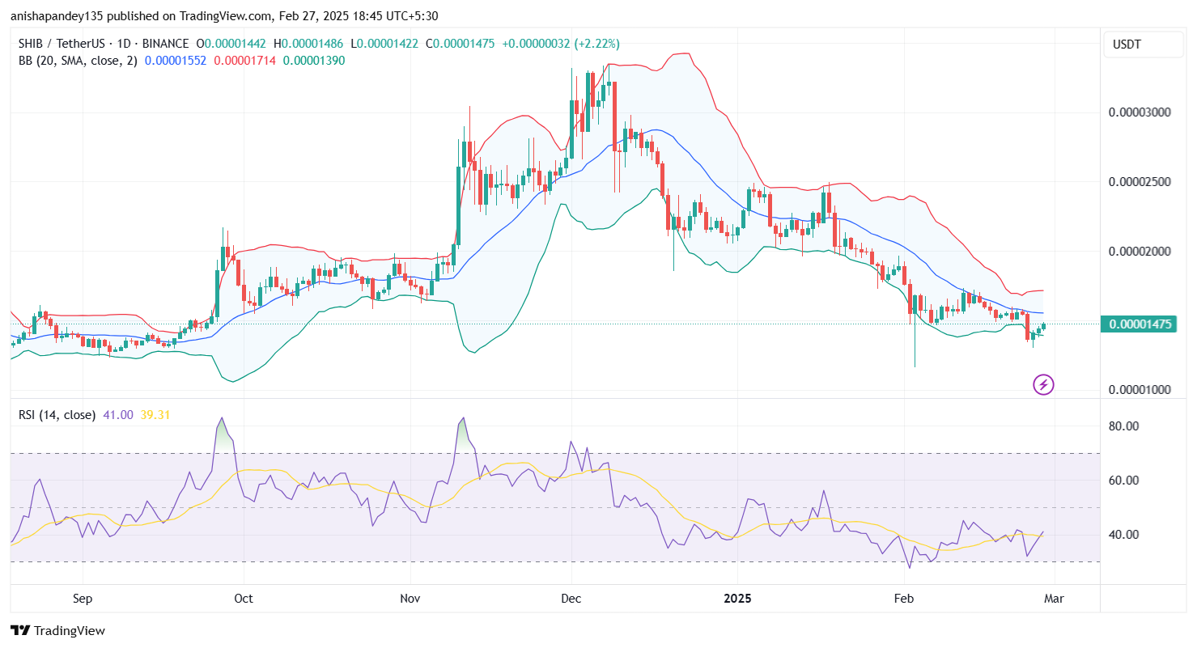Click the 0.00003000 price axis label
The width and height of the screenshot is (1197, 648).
(x=1140, y=112)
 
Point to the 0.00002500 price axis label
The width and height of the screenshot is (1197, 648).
(x=1140, y=181)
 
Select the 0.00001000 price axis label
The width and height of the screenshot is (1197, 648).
(x=1140, y=390)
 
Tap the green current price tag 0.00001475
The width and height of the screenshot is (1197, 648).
(x=1140, y=324)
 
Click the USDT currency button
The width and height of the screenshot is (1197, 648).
(x=1144, y=44)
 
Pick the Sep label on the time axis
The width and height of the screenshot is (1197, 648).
(x=83, y=599)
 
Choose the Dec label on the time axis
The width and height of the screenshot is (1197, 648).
(x=571, y=599)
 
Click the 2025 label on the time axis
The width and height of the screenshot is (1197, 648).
(x=737, y=599)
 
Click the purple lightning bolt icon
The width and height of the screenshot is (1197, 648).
(x=1043, y=384)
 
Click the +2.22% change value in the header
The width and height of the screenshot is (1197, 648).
(x=596, y=44)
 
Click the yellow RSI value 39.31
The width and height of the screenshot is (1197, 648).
(x=155, y=415)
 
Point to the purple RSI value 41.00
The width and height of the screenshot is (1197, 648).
(x=118, y=415)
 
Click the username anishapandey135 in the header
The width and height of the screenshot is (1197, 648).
(x=60, y=15)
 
